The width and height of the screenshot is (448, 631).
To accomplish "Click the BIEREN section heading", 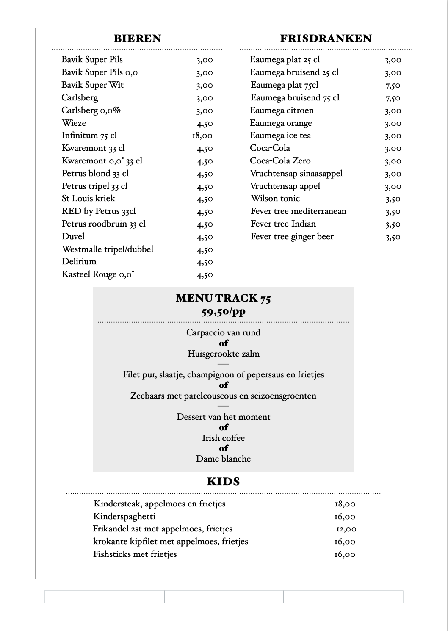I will (137, 39).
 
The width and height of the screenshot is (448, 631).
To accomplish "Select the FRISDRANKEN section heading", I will (326, 39).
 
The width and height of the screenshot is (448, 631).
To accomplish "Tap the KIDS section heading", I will (223, 482).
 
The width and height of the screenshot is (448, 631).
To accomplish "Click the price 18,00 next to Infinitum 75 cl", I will (202, 136).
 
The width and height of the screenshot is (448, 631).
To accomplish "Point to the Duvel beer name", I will (73, 236).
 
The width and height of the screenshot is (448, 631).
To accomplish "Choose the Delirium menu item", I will (79, 261).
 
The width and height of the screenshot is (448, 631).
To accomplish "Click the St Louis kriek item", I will (88, 198).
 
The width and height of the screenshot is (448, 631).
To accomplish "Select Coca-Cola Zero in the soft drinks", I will (280, 161).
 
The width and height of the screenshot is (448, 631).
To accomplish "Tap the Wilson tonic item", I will (275, 198).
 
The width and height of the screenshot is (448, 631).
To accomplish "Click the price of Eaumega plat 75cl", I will (393, 86).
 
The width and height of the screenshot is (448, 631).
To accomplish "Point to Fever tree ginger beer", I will (292, 236).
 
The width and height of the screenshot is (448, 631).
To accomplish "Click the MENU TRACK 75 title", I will (223, 298).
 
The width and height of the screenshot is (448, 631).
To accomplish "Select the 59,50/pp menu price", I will (223, 312).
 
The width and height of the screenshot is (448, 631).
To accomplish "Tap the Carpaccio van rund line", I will (223, 332).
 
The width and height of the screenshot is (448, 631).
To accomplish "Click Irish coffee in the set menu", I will (223, 438).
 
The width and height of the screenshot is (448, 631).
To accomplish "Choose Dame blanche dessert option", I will (223, 459).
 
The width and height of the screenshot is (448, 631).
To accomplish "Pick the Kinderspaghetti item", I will (124, 516).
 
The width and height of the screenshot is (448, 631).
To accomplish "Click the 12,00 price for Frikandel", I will (346, 529).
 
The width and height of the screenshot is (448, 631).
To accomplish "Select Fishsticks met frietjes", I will (135, 554).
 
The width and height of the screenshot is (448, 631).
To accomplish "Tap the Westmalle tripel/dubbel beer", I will (108, 249).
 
